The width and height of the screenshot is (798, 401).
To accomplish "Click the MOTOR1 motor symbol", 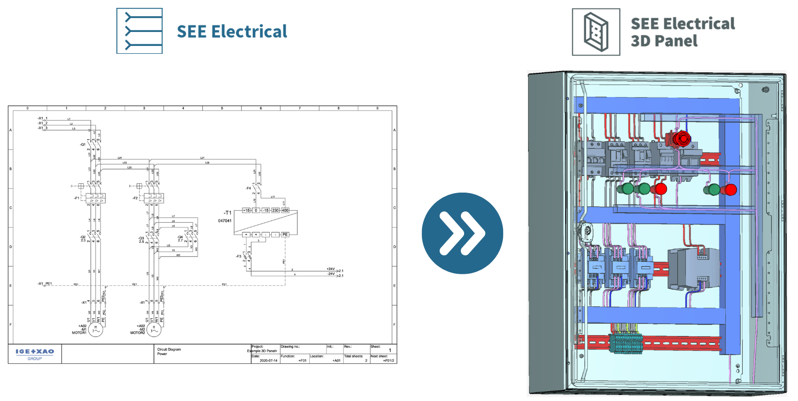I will pos(96,330).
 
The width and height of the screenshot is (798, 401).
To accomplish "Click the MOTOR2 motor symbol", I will pos(154,330).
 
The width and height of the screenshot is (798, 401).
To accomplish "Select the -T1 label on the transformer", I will pos(227,213).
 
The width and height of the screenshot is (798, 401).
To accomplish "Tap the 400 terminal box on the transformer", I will pos(285,210).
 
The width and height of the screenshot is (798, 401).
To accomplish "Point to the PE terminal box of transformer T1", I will pos(285,234).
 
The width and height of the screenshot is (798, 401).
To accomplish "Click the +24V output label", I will pos(331,269).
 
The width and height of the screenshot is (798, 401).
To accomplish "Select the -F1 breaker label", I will pos(77,198).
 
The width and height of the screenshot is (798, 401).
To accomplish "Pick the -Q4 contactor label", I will pos(180,238).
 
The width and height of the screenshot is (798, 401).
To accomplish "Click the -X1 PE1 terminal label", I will pos(45,284).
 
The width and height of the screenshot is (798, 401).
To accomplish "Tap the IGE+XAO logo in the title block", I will pos(35,352).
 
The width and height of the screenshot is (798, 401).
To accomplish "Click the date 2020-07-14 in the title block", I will pos(268,361).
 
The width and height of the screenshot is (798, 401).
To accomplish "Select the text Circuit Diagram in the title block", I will pos(169,349).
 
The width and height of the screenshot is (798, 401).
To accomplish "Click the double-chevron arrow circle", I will pos(462,233).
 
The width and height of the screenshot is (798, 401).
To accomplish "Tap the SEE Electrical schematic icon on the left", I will pos(140,31).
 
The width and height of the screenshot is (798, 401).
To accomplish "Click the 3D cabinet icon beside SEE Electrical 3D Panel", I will pos(596,32).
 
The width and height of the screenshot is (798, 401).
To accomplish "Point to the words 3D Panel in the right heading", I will pos(664,41).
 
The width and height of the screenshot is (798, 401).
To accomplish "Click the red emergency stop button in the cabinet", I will pos(682,138).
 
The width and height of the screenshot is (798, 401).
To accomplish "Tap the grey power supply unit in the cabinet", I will pos(693,269).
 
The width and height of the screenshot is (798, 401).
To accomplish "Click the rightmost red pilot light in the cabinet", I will pos(730,190).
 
